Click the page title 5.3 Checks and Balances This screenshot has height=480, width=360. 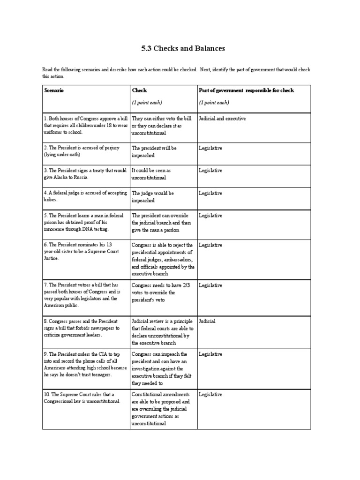coord(180,48)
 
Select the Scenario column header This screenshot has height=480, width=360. coord(53,90)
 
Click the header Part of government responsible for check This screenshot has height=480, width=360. coord(246,90)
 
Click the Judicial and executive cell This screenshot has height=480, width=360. coord(222,119)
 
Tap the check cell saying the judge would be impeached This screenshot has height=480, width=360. coord(153,196)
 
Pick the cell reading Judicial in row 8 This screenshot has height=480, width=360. coord(207,322)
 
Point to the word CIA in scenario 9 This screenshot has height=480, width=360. coord(92,354)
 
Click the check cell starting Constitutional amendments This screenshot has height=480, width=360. coord(161,409)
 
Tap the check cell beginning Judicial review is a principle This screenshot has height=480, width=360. coord(161,332)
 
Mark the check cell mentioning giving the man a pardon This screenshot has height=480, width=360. coord(161,223)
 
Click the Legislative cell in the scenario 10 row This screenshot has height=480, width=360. coord(210,395)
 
